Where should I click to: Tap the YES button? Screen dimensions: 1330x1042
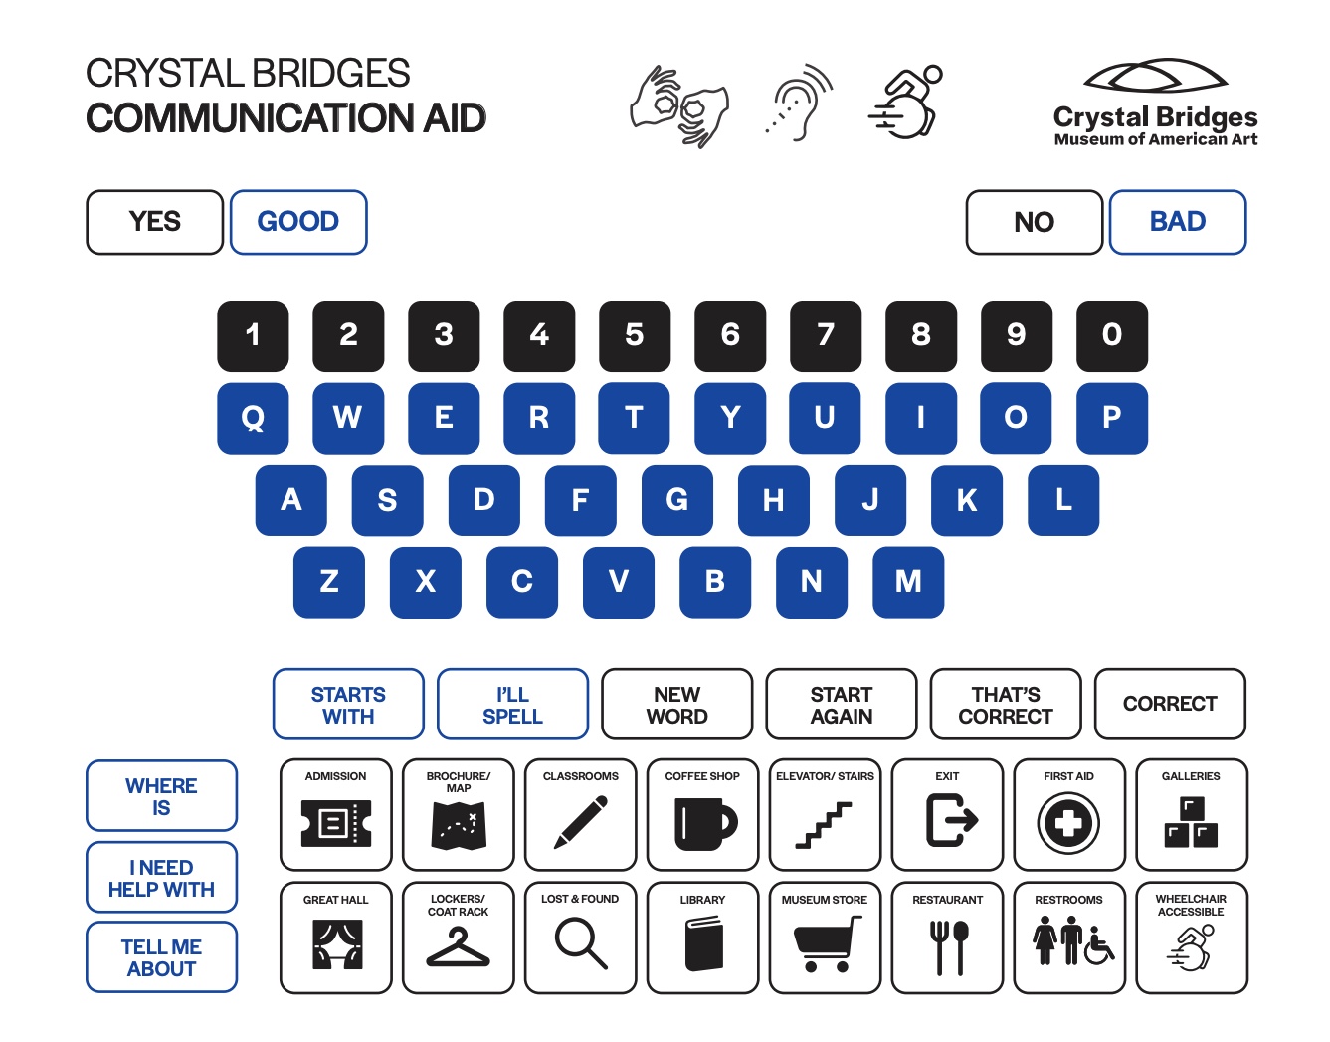tap(154, 222)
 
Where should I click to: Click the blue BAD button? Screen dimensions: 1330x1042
tap(1177, 222)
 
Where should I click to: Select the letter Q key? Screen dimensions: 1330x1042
tap(253, 418)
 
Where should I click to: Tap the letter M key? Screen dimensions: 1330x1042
tap(908, 582)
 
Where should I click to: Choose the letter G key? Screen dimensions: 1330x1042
tap(676, 501)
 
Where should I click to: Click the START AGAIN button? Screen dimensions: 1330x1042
tap(841, 704)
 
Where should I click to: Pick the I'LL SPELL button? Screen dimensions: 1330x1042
tap(512, 704)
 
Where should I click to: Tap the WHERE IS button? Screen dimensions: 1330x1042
tap(161, 796)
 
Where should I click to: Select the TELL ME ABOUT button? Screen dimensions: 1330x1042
tap(161, 957)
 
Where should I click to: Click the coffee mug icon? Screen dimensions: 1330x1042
tap(704, 824)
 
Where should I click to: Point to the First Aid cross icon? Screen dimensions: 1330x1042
tap(1068, 823)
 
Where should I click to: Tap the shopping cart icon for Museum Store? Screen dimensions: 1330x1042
tap(827, 943)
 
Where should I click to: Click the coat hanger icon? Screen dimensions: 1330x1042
tap(458, 946)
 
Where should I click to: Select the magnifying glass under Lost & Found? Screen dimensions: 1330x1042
tap(581, 944)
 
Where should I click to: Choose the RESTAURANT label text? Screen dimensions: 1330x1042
tap(947, 900)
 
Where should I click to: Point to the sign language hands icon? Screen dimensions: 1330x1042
tap(679, 106)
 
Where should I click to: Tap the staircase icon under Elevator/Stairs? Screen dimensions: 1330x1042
tap(824, 825)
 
